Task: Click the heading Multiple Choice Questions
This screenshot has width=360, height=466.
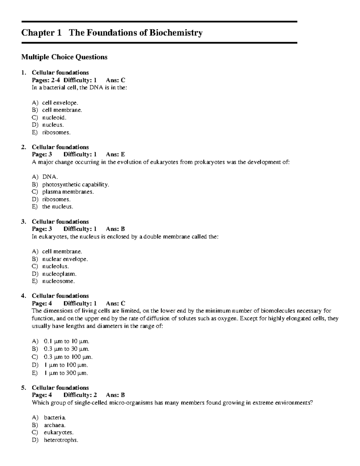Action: click(x=64, y=57)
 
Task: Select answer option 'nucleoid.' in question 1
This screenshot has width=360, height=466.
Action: click(x=54, y=117)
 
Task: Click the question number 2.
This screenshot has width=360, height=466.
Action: click(x=23, y=147)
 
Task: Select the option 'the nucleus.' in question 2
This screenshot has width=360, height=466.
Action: click(x=57, y=206)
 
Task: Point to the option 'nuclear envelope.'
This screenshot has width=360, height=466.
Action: click(x=65, y=259)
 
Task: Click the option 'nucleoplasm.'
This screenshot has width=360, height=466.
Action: click(x=59, y=274)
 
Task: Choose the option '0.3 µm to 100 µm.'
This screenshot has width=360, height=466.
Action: click(x=68, y=357)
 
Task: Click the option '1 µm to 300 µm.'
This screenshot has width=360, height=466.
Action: click(x=66, y=373)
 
